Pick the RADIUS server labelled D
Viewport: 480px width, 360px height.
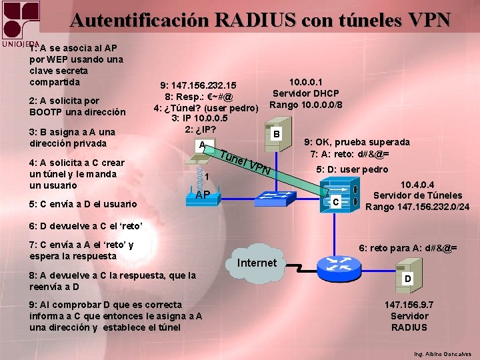pyautogui.click(x=407, y=275)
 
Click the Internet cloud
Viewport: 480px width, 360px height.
pyautogui.click(x=257, y=263)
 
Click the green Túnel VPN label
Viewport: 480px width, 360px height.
pyautogui.click(x=245, y=161)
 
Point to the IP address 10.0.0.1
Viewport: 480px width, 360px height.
pyautogui.click(x=305, y=81)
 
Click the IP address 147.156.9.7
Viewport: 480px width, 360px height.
pyautogui.click(x=409, y=304)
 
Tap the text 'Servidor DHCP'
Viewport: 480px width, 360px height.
pyautogui.click(x=305, y=93)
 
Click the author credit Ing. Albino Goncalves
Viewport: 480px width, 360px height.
pyautogui.click(x=442, y=353)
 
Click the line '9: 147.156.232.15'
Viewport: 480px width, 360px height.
pyautogui.click(x=198, y=86)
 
